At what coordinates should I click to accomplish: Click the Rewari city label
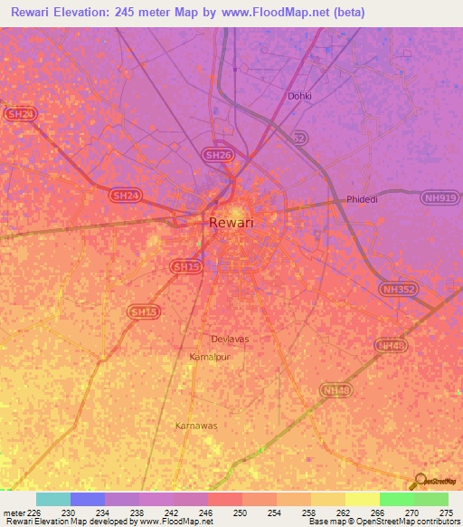(x=231, y=223)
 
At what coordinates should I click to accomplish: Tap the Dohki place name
(x=298, y=95)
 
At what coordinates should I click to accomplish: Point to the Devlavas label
(x=229, y=339)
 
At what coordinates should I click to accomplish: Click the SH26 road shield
(x=217, y=156)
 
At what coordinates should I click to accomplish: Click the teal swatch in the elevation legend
(x=53, y=499)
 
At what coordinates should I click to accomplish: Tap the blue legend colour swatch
(x=88, y=499)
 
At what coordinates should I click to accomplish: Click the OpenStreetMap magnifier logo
(x=420, y=480)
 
